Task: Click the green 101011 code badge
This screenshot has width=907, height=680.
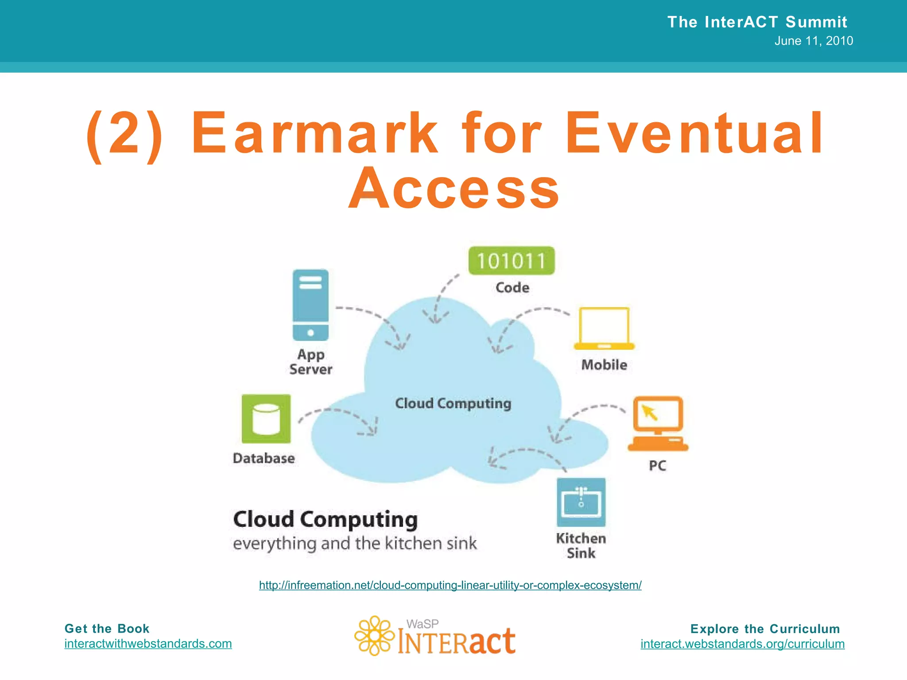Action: coord(512,261)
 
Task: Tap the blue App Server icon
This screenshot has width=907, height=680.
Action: coord(310,305)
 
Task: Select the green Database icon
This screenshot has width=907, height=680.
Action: coord(266,419)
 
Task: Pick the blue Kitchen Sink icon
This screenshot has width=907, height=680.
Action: coord(581,502)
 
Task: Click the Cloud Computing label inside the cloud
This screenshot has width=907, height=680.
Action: coord(453,403)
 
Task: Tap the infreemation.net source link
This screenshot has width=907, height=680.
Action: coord(450,585)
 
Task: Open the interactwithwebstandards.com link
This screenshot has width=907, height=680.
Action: coord(148,644)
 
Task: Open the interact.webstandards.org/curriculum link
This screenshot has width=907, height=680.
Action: coord(742,644)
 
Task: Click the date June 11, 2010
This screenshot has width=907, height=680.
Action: coord(814,41)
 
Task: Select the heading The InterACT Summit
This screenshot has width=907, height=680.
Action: coord(757,22)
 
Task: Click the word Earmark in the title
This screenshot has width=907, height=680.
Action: coord(314,133)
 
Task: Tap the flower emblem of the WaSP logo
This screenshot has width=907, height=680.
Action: coord(375,635)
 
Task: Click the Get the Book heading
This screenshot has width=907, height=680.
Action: coord(107,629)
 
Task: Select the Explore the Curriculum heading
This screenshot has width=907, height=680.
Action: coord(765,629)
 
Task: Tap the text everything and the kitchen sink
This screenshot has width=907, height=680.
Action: coord(355,544)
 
